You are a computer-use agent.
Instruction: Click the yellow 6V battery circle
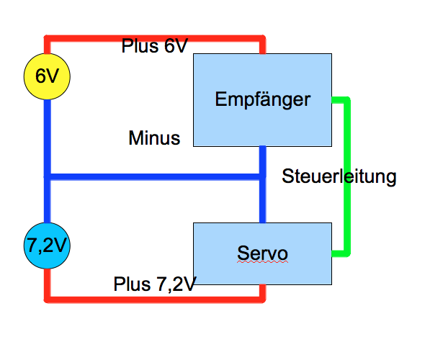coord(47,76)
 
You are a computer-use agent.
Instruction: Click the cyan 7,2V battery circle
coord(47,246)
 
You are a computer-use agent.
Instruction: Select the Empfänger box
coord(262,100)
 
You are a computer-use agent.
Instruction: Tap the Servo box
coord(262,253)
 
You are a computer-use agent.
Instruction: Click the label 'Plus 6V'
coord(155,46)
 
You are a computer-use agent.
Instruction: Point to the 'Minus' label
coord(154,138)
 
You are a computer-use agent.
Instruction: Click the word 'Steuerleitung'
coord(339,176)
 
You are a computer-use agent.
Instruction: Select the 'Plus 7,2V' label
coord(155,284)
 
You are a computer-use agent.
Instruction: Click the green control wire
coord(347,176)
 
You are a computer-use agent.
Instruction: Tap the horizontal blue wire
coord(155,177)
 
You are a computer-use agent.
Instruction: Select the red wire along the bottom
coord(155,300)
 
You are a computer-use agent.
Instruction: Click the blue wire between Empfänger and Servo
coord(262,184)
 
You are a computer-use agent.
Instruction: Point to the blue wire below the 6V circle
coord(48,161)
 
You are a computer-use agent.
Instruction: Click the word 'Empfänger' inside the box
coord(263,99)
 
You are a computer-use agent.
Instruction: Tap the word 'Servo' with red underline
coord(262,253)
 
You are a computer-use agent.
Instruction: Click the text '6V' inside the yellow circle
coord(47,76)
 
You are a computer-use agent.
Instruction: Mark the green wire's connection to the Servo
coord(332,254)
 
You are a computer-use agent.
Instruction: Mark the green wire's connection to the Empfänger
coord(332,100)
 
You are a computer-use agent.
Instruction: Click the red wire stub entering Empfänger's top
coord(262,48)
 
